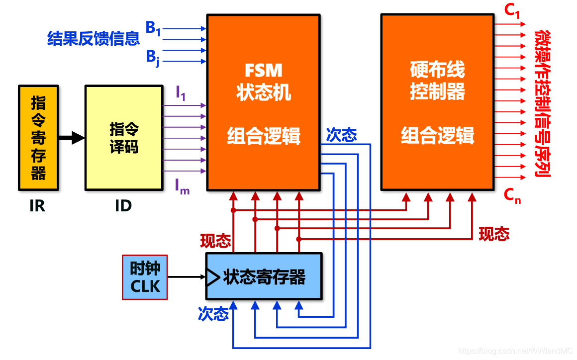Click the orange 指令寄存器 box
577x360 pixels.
38,138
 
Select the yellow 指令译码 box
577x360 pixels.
124,138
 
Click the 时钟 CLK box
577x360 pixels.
145,277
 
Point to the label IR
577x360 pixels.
37,206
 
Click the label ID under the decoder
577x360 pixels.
123,206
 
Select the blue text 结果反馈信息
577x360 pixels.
94,39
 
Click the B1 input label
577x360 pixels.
153,28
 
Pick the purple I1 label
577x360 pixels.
181,93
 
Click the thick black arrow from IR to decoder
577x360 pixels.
71,138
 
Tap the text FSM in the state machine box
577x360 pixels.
264,71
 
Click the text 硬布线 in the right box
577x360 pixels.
437,70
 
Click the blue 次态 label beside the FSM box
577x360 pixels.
341,135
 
